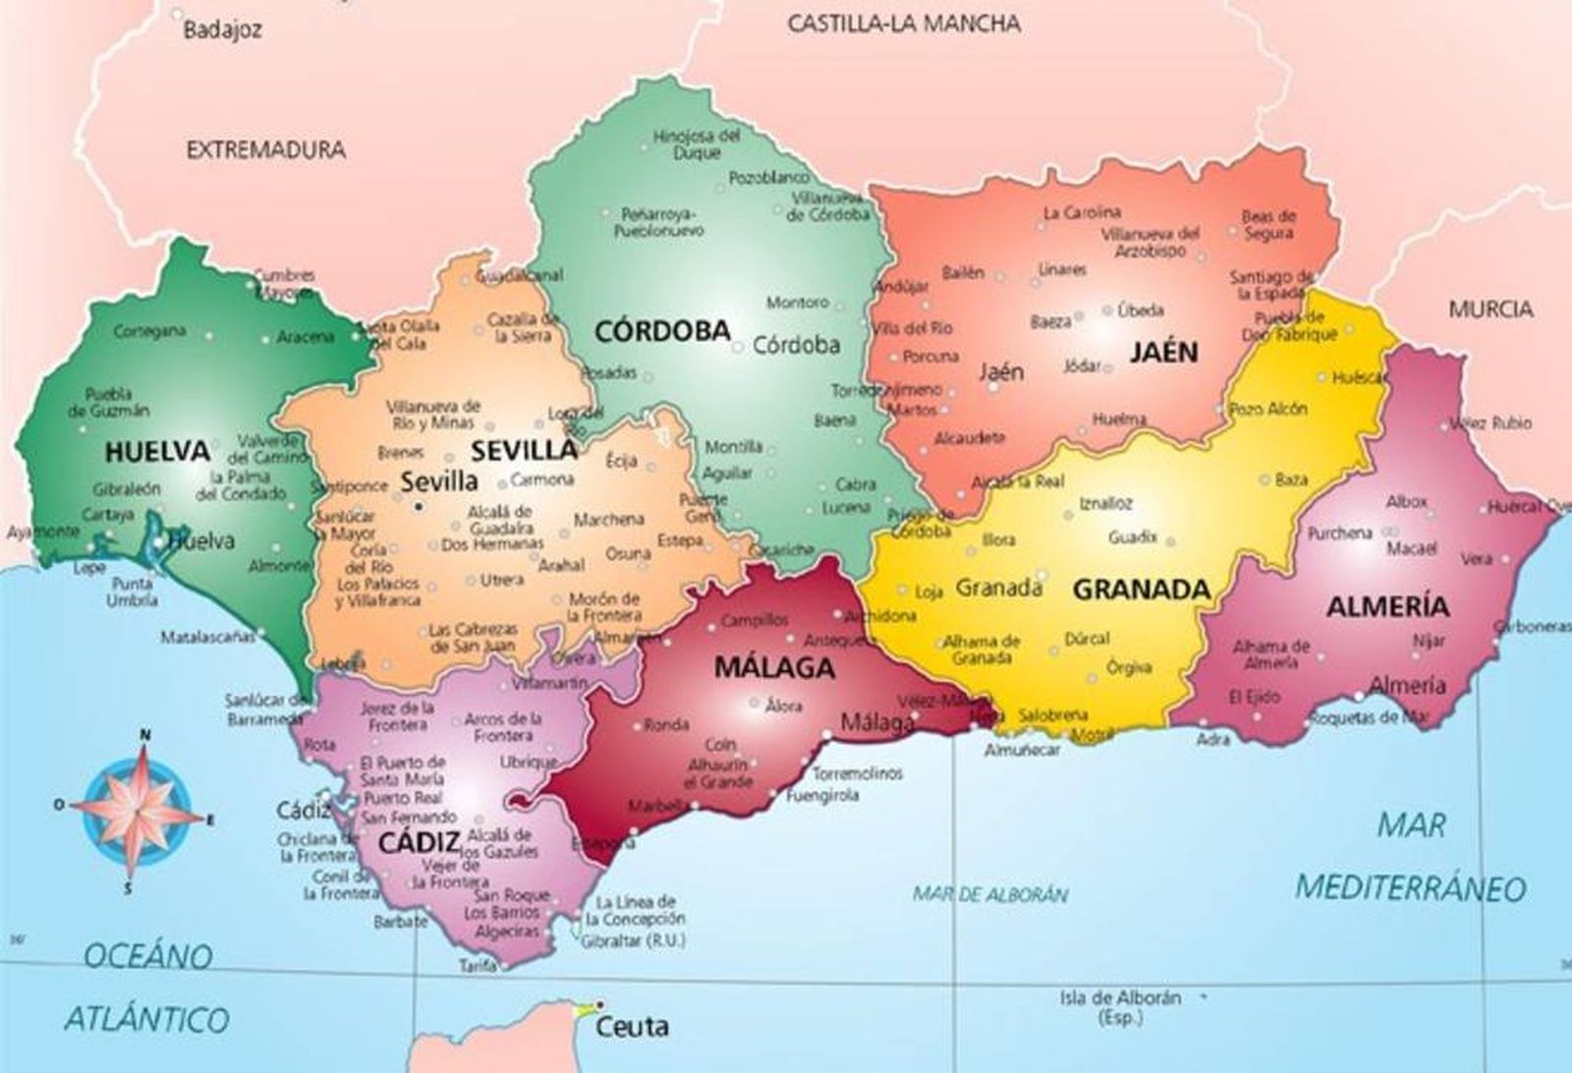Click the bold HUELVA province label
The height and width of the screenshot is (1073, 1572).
click(x=157, y=452)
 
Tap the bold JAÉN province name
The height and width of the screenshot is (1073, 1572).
click(x=1163, y=352)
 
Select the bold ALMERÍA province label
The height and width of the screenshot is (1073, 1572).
click(x=1387, y=606)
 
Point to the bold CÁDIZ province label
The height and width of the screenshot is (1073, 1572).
click(x=419, y=842)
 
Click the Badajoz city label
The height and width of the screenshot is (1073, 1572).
click(x=223, y=30)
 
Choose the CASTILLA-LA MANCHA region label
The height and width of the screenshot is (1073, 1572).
click(x=904, y=24)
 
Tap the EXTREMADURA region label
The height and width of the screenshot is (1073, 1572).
click(x=265, y=150)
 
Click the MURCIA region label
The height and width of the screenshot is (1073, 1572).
click(x=1489, y=310)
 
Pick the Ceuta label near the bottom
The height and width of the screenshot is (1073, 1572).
click(x=633, y=1028)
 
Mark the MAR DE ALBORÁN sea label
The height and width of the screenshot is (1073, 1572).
click(x=989, y=894)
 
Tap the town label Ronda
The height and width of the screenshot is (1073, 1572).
click(x=666, y=726)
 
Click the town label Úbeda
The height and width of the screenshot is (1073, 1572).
click(x=1140, y=311)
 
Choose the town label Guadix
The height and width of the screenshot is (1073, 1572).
click(x=1133, y=538)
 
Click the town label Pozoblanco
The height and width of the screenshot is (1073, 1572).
click(x=768, y=179)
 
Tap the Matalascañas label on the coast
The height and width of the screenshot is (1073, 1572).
click(x=207, y=638)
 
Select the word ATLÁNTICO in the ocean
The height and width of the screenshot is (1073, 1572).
click(x=146, y=1019)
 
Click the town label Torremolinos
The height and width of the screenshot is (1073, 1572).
click(x=857, y=773)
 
